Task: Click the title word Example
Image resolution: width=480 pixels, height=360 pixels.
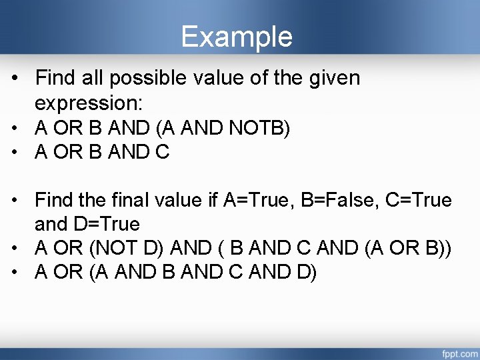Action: pos(237,37)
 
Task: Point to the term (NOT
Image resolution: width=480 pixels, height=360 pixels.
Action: pos(111,248)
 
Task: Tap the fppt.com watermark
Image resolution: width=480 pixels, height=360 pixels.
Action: pos(457,351)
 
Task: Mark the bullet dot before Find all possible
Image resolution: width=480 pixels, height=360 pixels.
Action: pos(17,79)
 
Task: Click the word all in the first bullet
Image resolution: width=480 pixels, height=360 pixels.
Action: pos(91,79)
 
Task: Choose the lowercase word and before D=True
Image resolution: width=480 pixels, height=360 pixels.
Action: pos(51,223)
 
